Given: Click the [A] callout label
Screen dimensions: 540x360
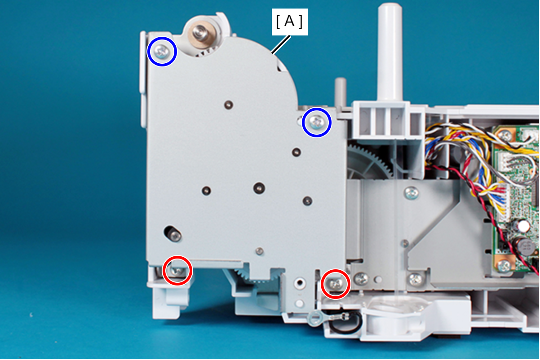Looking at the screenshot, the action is [289, 22].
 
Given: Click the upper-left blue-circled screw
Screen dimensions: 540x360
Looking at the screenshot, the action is [162, 52].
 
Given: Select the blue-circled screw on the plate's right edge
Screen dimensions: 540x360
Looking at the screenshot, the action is [317, 123].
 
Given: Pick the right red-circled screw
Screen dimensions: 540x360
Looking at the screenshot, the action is [335, 284].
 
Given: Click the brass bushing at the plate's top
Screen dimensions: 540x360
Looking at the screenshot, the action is [202, 36].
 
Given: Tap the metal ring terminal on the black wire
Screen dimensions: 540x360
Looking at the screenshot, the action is [314, 318].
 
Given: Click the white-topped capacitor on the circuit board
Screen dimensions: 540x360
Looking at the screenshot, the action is [523, 226].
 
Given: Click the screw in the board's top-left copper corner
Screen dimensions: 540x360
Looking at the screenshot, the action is [505, 136].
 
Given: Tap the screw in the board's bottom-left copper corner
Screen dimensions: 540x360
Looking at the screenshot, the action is [504, 266].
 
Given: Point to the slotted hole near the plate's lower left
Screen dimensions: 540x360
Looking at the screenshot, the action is [173, 233].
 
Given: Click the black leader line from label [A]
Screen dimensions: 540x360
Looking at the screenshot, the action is [281, 45].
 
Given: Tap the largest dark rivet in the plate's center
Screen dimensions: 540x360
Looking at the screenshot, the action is [259, 188].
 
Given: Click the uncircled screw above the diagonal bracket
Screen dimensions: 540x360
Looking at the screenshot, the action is [412, 193].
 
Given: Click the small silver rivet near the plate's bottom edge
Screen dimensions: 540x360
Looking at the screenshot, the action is [259, 251].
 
